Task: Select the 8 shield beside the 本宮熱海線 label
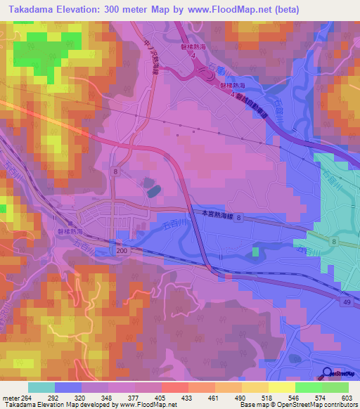pos(238,219)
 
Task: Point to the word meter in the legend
pos(11,397)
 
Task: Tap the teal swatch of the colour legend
pos(41,387)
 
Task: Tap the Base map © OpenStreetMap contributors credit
pos(297,405)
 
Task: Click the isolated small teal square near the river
pos(255,250)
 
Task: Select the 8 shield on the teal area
pos(333,241)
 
